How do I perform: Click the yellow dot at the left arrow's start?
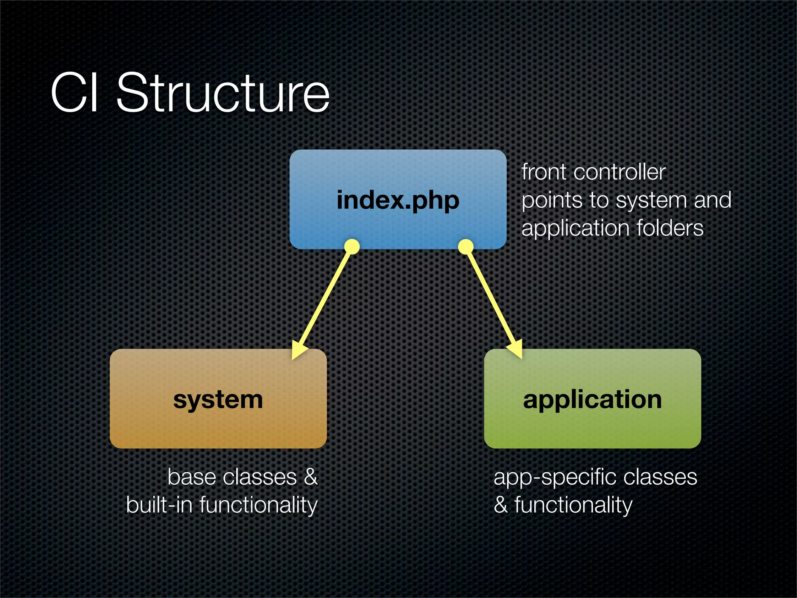click(x=352, y=246)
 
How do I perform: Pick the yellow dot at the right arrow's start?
click(x=466, y=246)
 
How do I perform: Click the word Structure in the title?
click(x=223, y=93)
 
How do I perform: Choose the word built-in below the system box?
click(x=159, y=505)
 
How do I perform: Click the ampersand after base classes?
click(x=311, y=477)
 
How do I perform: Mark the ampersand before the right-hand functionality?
click(x=501, y=505)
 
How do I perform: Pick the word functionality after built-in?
click(x=258, y=505)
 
